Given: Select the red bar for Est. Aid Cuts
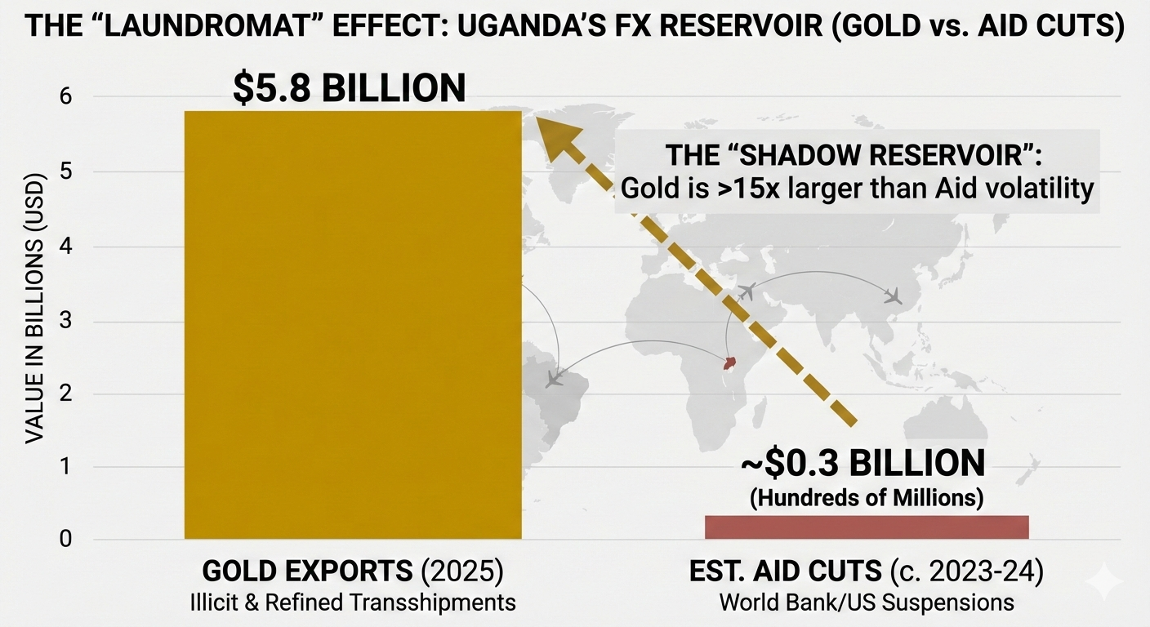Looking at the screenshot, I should [866, 527].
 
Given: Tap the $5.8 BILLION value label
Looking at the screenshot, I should [349, 88].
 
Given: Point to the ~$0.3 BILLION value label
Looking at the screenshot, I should [862, 464].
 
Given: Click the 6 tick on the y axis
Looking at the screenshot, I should [65, 97].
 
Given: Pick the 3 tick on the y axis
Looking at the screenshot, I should [65, 321].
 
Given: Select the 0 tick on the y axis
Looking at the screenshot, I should [65, 539].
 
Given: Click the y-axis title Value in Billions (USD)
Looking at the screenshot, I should [33, 319].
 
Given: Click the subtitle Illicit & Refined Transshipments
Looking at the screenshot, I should [352, 603].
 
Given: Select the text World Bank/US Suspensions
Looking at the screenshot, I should [866, 603].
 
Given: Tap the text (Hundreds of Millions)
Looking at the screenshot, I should [866, 497].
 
